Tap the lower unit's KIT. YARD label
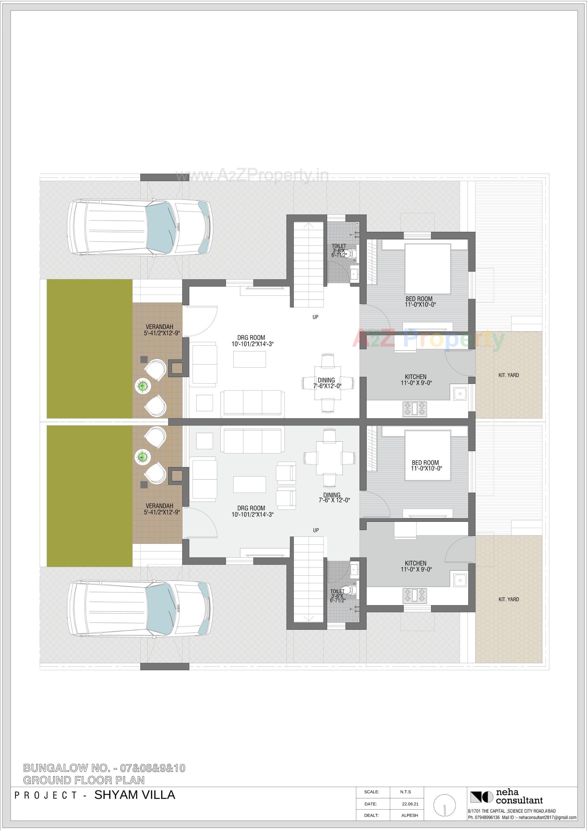[508, 599]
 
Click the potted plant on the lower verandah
[142, 457]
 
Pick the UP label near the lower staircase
[316, 530]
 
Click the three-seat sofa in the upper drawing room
[252, 403]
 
